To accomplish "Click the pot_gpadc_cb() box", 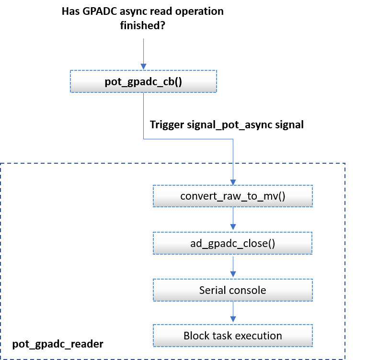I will tap(143, 81).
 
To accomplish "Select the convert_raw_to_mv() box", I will tap(232, 196).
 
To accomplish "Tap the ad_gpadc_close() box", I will tap(232, 243).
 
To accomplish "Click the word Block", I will tap(196, 335).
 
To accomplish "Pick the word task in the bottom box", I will tap(221, 335).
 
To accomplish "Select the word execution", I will tap(258, 335).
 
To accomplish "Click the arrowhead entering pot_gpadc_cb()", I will tap(143, 67).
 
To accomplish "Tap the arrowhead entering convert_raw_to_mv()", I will tap(233, 182).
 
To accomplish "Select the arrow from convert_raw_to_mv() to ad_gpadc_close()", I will tap(233, 219).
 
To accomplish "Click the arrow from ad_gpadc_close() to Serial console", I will tap(233, 266).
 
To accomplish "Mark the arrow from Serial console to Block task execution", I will tap(233, 312).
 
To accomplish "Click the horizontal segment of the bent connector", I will tap(188, 140).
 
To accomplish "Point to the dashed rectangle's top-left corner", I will tap(1, 164).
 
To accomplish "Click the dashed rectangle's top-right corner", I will tap(345, 164).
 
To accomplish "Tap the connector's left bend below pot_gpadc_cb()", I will tap(144, 140).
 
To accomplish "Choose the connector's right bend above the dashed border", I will tap(233, 140).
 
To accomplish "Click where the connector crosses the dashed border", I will tap(233, 164).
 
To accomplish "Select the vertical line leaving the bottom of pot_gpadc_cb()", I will tap(144, 115).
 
